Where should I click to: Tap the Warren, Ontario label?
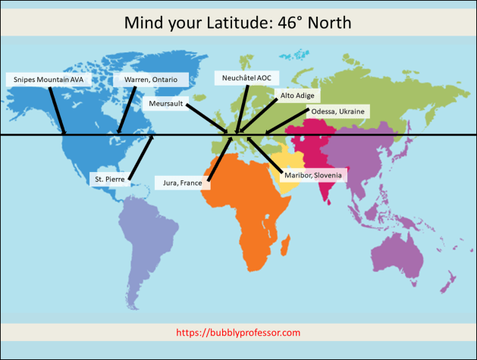[145, 79]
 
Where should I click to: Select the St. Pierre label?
[109, 180]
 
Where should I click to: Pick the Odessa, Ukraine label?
[337, 111]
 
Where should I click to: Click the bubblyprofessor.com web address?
[238, 333]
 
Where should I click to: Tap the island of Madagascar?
[286, 244]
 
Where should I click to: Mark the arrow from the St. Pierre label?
[141, 158]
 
